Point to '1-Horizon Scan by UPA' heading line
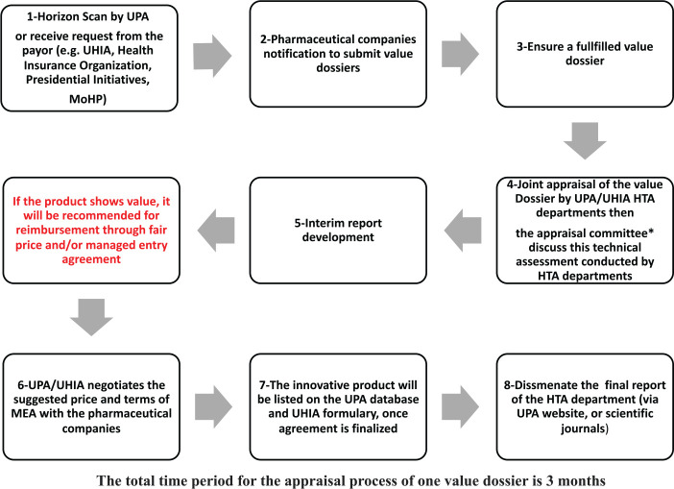(85, 14)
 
